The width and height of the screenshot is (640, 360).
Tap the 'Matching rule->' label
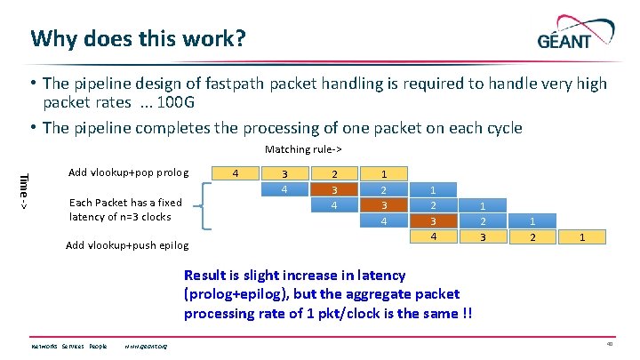point(304,149)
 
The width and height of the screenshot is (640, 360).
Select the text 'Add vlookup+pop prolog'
point(128,172)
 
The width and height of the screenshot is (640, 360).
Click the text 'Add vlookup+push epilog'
point(127,245)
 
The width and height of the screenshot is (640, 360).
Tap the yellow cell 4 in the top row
point(235,172)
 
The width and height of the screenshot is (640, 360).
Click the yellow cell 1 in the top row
point(383,172)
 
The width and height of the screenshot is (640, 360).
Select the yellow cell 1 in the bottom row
point(581,237)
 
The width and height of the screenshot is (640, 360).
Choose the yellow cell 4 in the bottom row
point(433,236)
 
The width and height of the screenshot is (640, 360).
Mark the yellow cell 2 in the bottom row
point(532,237)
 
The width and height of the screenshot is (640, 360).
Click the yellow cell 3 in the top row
point(284,172)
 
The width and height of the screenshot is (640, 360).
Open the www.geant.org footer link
point(147,346)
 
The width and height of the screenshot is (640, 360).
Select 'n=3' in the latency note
point(117,217)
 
